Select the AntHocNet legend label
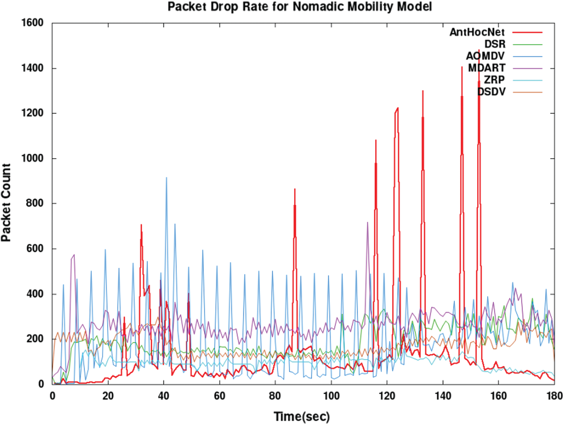pos(477,32)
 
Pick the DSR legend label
pos(494,44)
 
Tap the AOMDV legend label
pos(485,56)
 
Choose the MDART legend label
pos(487,68)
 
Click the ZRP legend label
pos(494,80)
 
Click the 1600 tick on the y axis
pos(32,23)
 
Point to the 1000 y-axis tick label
pos(32,158)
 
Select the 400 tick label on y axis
pos(35,294)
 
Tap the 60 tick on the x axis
pos(220,396)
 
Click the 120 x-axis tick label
pos(387,396)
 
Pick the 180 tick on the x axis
pos(554,396)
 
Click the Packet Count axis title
pos(6,203)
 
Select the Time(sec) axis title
pos(302,417)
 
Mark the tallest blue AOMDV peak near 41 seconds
pos(167,178)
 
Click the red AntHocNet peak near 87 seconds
pos(295,190)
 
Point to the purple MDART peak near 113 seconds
pos(367,223)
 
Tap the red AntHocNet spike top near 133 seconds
pos(423,91)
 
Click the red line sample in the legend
pos(528,33)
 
